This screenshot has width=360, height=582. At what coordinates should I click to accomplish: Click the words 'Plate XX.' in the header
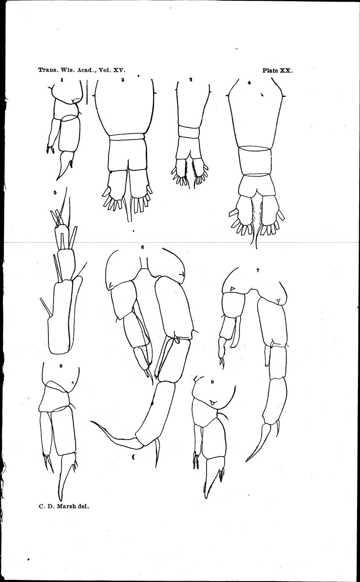click(277, 71)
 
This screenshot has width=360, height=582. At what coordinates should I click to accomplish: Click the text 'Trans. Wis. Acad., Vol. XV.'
click(82, 70)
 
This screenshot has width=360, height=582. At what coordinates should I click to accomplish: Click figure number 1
click(62, 80)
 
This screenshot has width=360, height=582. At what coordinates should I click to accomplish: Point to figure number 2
click(123, 80)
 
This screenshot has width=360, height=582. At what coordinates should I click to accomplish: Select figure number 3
click(191, 80)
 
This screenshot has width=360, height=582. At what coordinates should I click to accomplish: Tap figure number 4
click(250, 83)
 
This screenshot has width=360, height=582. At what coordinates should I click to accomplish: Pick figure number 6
click(142, 247)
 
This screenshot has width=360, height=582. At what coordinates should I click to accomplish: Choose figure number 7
click(258, 270)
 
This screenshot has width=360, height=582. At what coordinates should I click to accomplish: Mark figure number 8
click(61, 366)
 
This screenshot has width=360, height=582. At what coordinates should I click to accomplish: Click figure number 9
click(212, 382)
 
